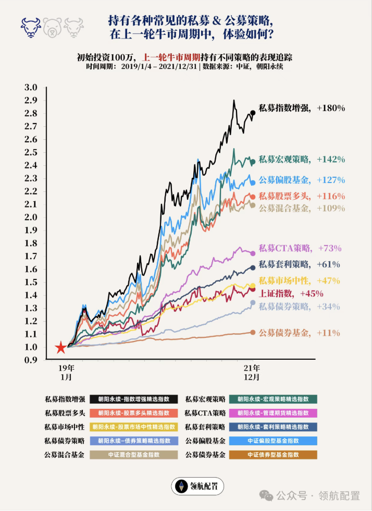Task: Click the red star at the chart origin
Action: [x=60, y=347]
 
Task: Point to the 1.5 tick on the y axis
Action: [x=31, y=282]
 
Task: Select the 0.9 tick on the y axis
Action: [x=31, y=360]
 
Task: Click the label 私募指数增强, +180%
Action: [x=302, y=108]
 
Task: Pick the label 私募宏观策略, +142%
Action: [x=302, y=159]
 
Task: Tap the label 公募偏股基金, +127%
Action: [x=302, y=180]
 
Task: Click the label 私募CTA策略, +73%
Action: [x=303, y=248]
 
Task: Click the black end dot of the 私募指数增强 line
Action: [x=253, y=112]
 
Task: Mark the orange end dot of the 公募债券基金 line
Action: [x=253, y=332]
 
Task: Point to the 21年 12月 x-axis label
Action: [x=253, y=371]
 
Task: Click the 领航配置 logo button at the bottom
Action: [x=198, y=486]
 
